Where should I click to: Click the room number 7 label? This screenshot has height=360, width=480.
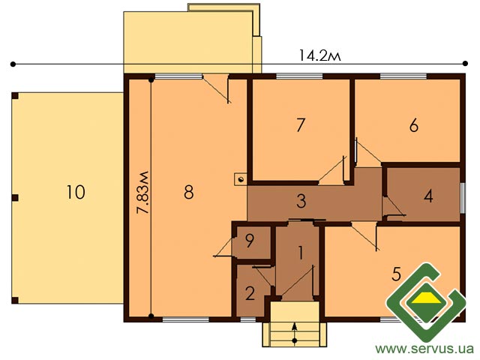(x=301, y=125)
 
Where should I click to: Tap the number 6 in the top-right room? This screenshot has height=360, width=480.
(x=414, y=125)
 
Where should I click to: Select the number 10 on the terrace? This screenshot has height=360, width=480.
(x=76, y=193)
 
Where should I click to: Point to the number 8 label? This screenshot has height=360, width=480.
(x=189, y=193)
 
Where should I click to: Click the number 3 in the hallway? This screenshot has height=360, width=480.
(x=301, y=201)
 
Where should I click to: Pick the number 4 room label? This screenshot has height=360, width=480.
(x=428, y=196)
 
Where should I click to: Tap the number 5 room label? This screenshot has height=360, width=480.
(x=397, y=274)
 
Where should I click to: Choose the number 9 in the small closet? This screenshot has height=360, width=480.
(x=250, y=241)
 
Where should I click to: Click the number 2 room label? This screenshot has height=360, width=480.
(x=250, y=293)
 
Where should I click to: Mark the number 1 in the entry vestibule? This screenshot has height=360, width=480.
(x=301, y=253)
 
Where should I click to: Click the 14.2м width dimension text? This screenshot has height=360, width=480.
(x=319, y=56)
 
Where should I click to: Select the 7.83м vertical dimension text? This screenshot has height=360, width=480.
(x=142, y=193)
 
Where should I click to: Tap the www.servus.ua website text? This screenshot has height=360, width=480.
(x=424, y=349)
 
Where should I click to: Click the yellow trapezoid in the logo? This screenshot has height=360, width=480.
(x=426, y=298)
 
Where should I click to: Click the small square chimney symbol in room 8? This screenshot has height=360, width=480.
(x=240, y=179)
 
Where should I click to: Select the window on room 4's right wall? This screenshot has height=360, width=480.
(x=463, y=198)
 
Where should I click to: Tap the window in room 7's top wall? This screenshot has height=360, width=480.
(x=299, y=76)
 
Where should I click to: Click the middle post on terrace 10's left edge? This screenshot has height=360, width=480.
(x=15, y=198)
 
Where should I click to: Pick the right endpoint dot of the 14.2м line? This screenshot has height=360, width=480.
(x=465, y=64)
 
